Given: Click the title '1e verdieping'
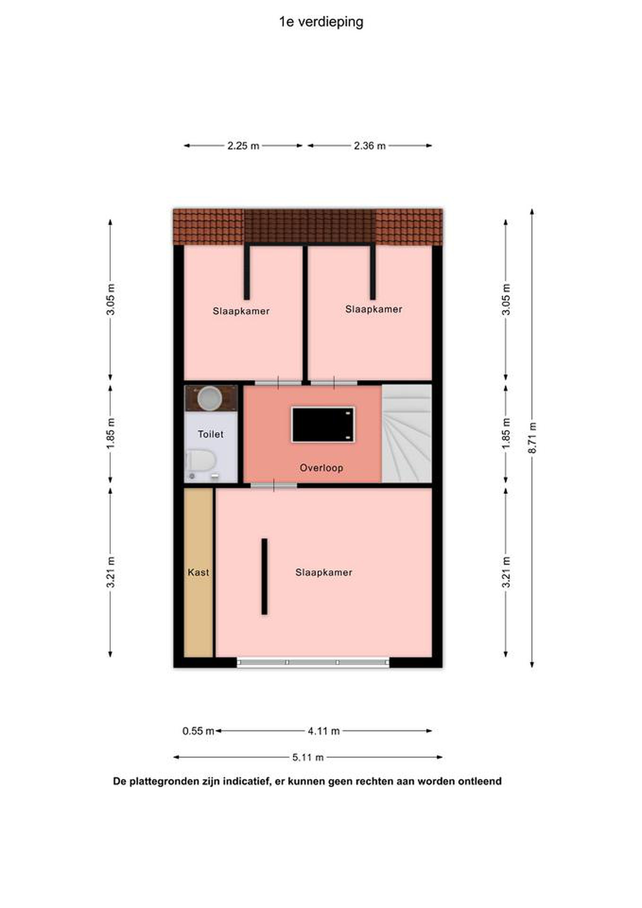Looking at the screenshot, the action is (x=321, y=22).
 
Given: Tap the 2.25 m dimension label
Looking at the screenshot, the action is (x=243, y=146).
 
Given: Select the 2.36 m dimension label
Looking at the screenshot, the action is (x=370, y=146).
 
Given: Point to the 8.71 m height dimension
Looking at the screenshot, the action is (x=533, y=438).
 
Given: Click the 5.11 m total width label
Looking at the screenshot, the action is (x=308, y=757).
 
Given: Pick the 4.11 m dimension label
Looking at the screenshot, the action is (x=324, y=731).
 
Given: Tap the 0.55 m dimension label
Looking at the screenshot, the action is (x=198, y=731).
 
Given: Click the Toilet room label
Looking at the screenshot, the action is (x=211, y=434).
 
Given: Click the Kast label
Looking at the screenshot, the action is (x=199, y=572).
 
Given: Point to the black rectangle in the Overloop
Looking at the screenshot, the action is (x=323, y=425).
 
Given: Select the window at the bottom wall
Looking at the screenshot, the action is (x=313, y=662).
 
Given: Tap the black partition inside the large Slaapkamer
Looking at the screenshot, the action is (x=264, y=577).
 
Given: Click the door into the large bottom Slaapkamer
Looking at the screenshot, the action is (x=274, y=485).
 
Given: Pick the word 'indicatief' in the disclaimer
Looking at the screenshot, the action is (x=246, y=782).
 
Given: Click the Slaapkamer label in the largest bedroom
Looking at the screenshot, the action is (x=324, y=572).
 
